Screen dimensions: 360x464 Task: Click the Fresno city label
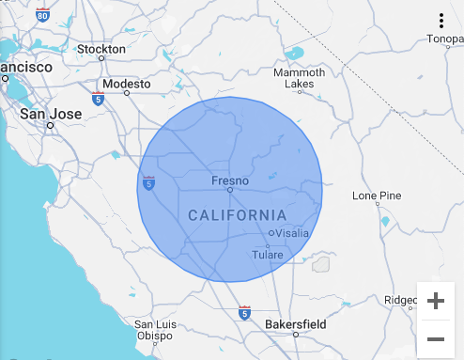229,180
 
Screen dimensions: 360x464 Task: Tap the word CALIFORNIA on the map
237,215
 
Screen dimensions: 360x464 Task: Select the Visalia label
292,233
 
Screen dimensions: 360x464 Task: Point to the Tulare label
267,255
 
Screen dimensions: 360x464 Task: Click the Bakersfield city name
295,324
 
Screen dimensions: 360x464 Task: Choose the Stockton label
101,49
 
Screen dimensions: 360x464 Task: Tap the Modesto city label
125,84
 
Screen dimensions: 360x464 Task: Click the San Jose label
51,114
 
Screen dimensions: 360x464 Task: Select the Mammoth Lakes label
299,79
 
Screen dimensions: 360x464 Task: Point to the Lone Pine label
377,196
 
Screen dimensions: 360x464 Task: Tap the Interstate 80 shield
43,15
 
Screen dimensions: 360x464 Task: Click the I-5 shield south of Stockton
98,98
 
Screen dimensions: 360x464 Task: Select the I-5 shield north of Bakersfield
244,312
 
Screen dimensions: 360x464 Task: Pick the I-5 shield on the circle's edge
148,183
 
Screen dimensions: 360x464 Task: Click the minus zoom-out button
436,338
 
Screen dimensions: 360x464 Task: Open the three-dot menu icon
441,21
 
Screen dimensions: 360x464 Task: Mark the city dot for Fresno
229,190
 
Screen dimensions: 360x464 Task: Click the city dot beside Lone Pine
377,204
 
